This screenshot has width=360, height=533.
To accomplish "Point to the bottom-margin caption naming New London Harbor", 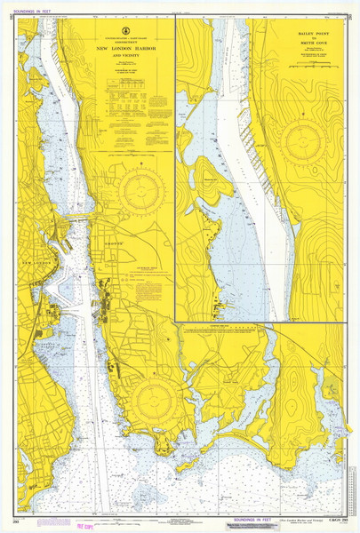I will click(x=302, y=521).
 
